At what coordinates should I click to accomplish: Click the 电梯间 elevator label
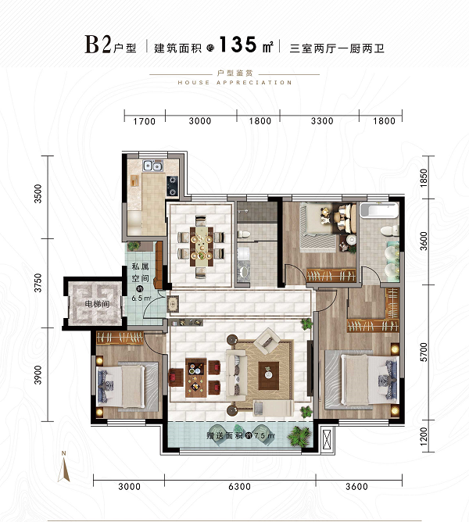point(97,304)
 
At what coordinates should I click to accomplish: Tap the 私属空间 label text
point(140,272)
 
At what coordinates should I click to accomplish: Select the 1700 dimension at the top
point(145,121)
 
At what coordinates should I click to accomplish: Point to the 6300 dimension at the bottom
point(239,487)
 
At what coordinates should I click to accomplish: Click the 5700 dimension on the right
point(424,352)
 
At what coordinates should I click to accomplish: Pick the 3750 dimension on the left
point(38,283)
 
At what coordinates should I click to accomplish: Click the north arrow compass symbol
point(63,467)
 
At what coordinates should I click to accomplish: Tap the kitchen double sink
point(153,166)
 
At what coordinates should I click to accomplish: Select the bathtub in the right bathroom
point(379,210)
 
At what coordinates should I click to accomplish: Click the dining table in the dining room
point(202,246)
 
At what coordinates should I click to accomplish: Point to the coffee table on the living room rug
point(268,375)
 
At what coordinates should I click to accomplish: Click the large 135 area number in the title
point(238,45)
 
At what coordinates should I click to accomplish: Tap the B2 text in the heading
point(98,45)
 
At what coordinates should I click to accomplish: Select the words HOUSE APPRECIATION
point(234,82)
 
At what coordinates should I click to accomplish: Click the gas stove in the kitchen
point(172,186)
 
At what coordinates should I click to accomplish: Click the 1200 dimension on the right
point(424,436)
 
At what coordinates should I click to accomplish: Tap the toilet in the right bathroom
point(389,230)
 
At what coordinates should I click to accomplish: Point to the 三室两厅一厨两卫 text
point(337,48)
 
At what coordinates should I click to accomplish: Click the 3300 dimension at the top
point(322,121)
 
